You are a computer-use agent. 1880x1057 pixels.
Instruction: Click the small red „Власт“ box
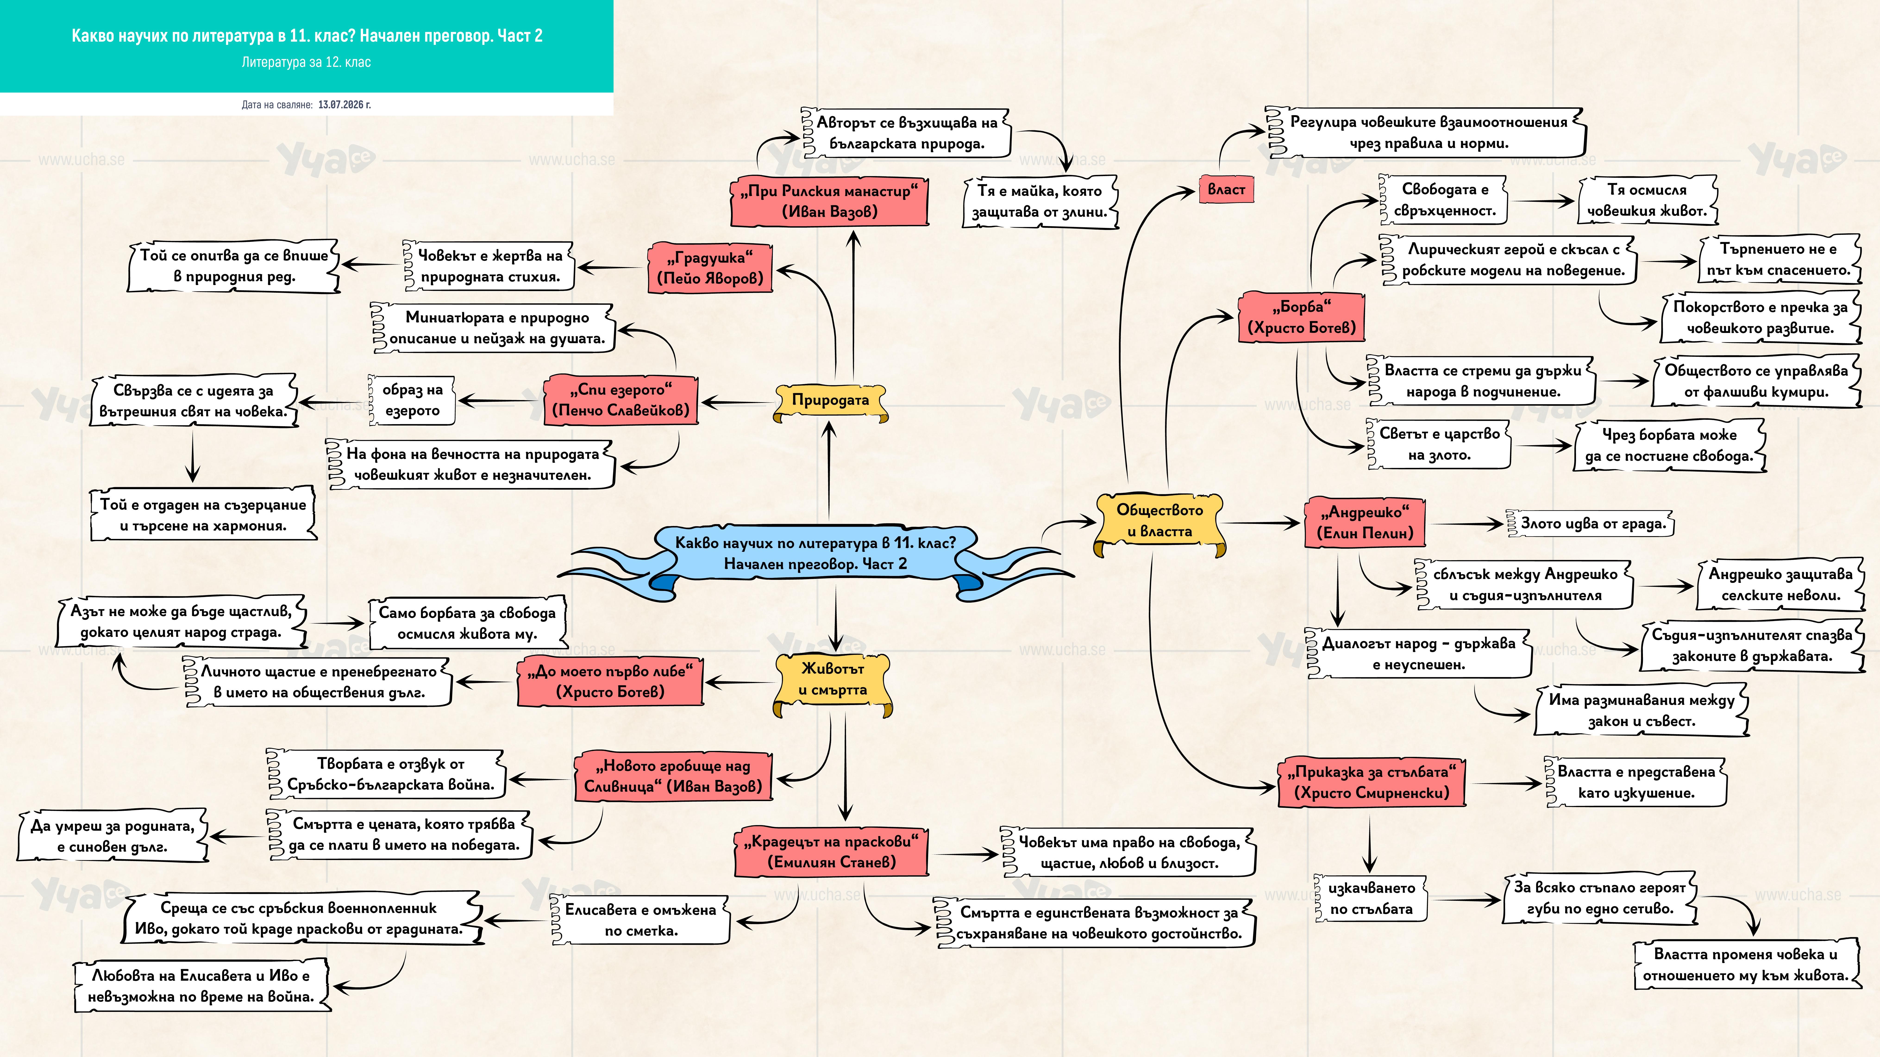(1226, 190)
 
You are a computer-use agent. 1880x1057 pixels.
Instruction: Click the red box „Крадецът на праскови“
(830, 851)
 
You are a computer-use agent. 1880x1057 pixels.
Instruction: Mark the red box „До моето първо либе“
(610, 681)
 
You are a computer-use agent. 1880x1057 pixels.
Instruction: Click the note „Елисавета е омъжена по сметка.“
(640, 920)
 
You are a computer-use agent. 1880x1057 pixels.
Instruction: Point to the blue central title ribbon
(815, 554)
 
